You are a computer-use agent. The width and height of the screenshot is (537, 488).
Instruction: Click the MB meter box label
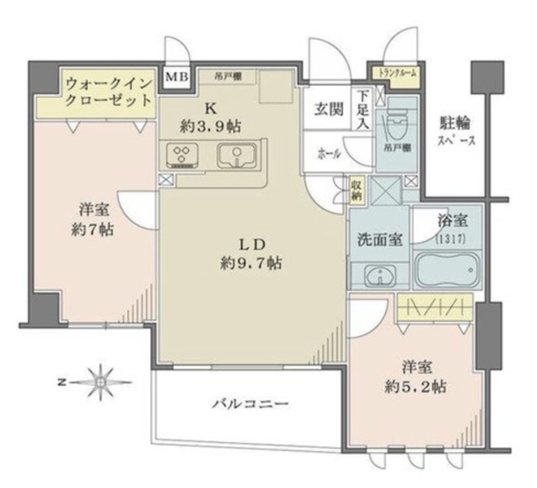(x=176, y=78)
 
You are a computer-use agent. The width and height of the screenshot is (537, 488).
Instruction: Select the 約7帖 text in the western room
(x=92, y=231)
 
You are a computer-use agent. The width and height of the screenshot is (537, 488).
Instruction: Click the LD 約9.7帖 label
(x=250, y=252)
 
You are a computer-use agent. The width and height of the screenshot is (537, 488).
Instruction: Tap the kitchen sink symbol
(x=236, y=157)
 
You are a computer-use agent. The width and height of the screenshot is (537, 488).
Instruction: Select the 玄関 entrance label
(x=328, y=111)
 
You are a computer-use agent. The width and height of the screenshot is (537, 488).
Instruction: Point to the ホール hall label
(x=329, y=152)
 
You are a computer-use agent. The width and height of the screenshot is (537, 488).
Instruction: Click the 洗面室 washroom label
(x=379, y=237)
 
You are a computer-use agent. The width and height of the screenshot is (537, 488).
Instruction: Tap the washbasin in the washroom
(x=381, y=275)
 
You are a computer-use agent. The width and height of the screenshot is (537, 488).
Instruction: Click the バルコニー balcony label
(x=250, y=404)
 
